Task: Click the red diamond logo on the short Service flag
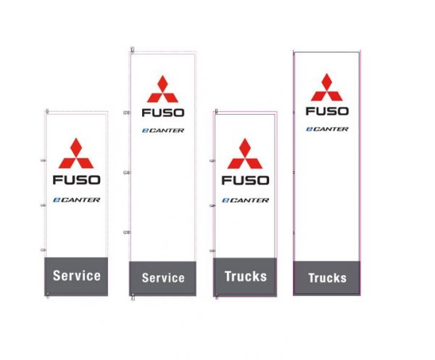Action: click(76, 153)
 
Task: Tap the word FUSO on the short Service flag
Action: click(76, 179)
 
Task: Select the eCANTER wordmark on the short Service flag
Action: click(76, 200)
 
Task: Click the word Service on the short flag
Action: click(76, 276)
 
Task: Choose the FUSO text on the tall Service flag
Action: click(163, 112)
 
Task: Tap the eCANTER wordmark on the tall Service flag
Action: click(162, 131)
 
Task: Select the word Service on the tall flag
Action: click(163, 278)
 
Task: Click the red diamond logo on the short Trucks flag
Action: click(245, 153)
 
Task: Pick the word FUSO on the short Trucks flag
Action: click(245, 179)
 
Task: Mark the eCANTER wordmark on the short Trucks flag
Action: click(245, 200)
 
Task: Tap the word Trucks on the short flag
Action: click(246, 276)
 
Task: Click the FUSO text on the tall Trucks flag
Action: click(327, 111)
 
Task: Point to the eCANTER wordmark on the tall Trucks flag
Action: click(327, 129)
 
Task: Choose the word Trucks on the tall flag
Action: click(327, 278)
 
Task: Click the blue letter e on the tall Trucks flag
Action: click(309, 129)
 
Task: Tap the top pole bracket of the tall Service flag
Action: click(132, 50)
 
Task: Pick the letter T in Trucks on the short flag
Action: click(228, 276)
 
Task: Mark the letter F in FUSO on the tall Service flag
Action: click(146, 112)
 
